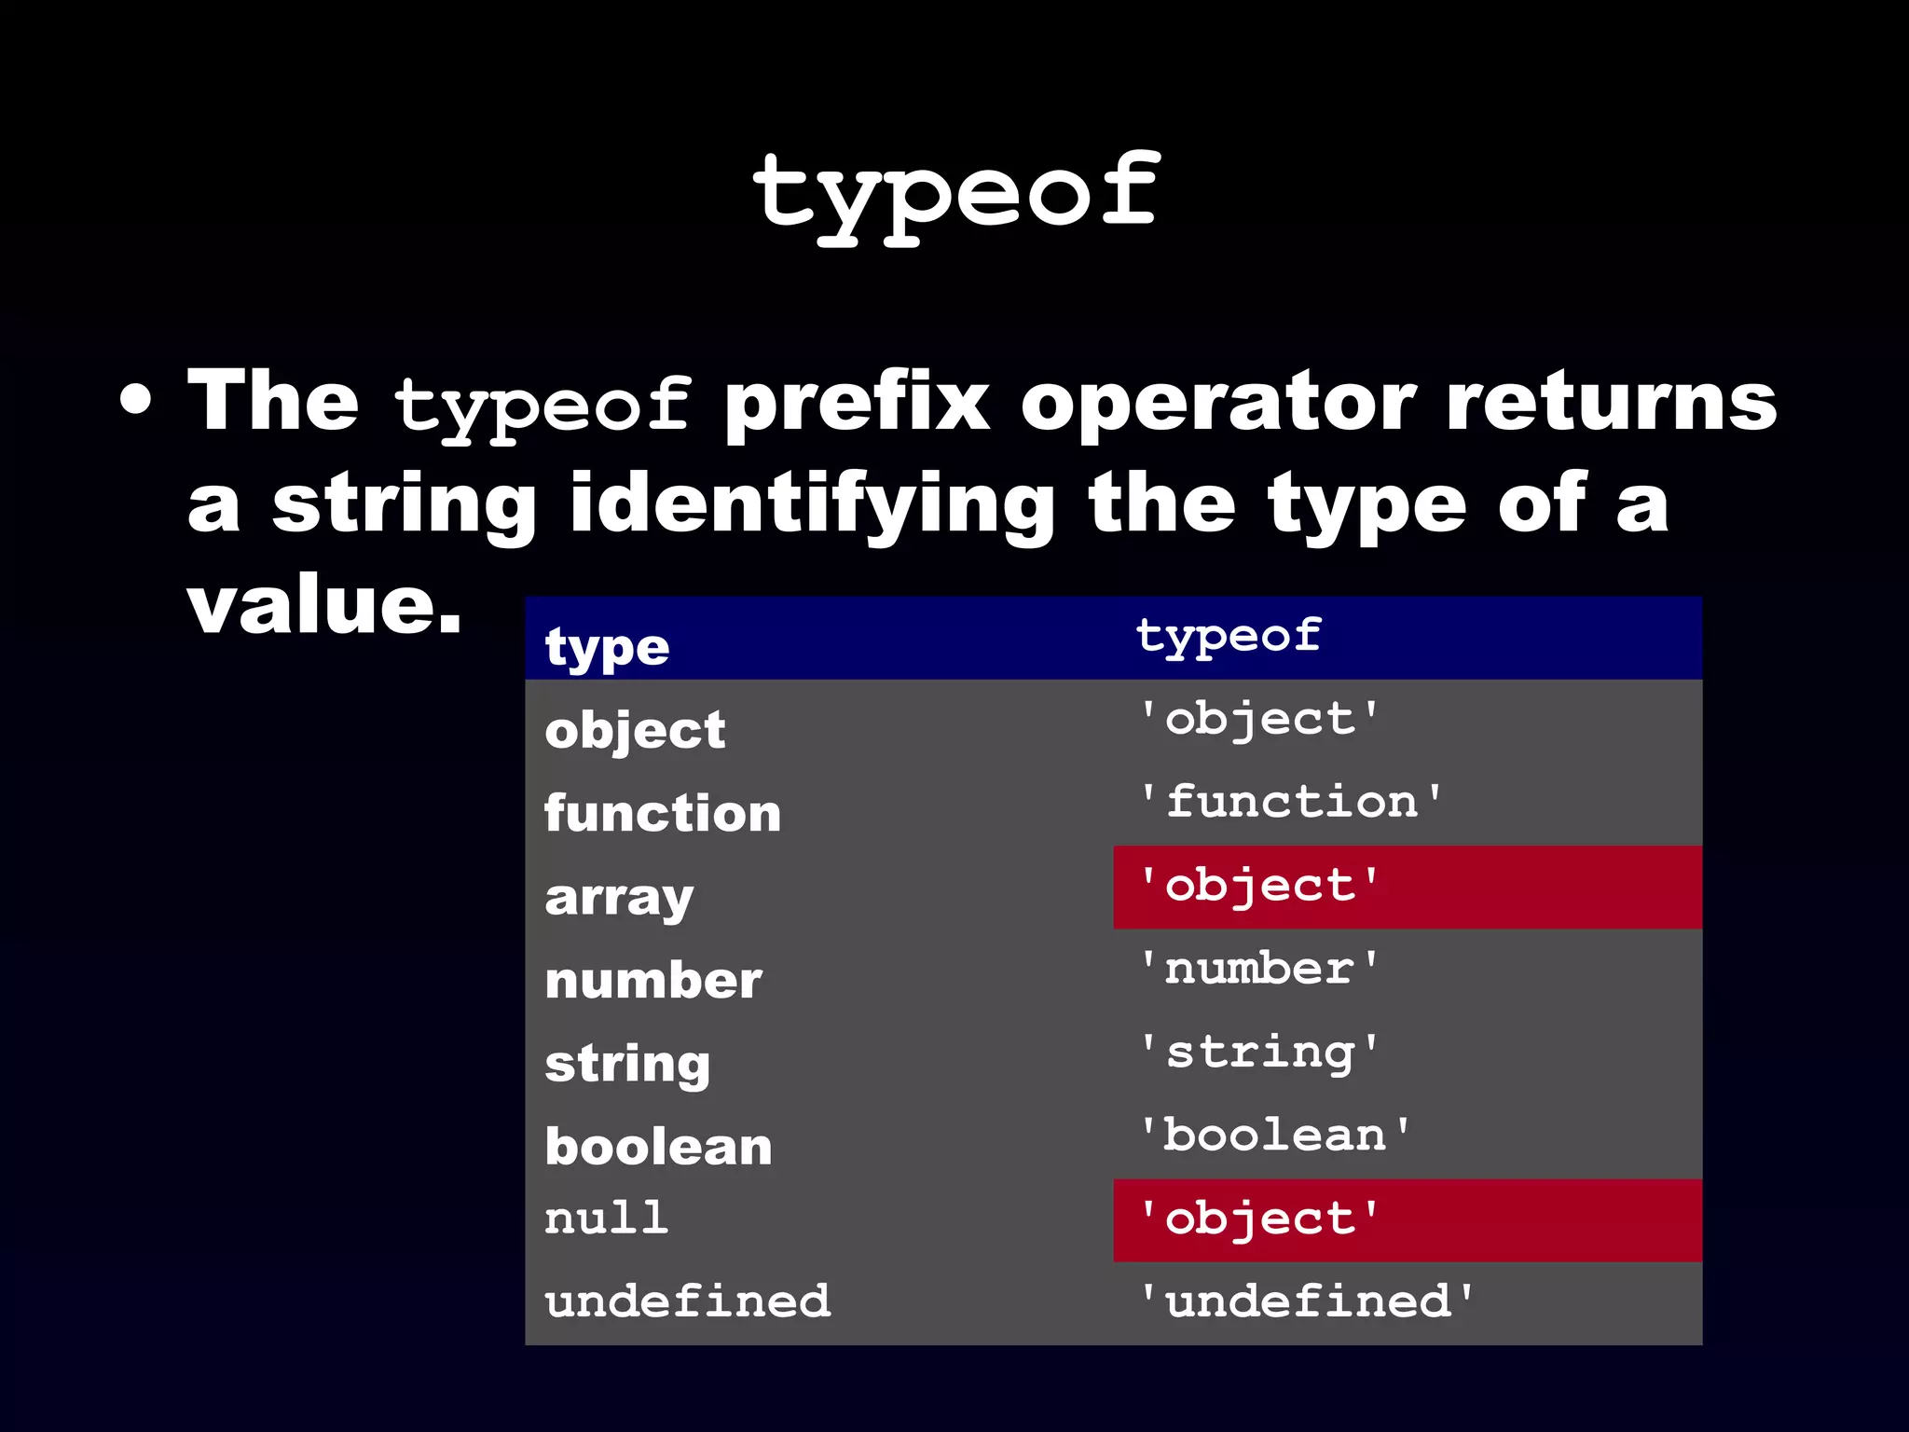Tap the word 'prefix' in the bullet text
point(857,403)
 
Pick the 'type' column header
point(608,647)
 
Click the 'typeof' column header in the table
point(1229,636)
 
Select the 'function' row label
point(663,813)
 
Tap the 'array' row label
point(619,898)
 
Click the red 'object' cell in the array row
point(1407,887)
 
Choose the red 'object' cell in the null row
point(1407,1219)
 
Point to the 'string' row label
point(627,1064)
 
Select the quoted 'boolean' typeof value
point(1275,1136)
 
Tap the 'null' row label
point(607,1219)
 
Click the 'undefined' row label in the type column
point(688,1301)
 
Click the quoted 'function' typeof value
point(1292,802)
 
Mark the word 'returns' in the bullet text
point(1612,403)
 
